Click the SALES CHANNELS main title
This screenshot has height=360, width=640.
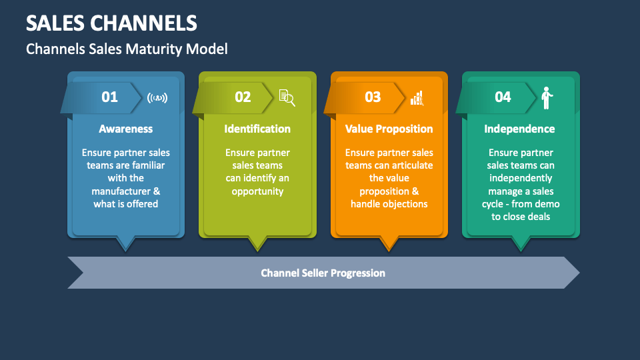[x=112, y=23]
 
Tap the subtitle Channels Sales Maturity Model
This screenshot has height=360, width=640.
[x=127, y=49]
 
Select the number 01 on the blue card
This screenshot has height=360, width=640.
[x=109, y=97]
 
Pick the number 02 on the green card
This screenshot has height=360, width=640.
[x=243, y=97]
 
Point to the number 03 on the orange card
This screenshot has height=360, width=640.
[x=373, y=97]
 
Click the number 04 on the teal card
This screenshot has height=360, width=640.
[x=503, y=97]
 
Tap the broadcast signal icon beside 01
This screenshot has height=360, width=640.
[x=157, y=98]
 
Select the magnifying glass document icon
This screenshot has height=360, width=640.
[x=287, y=98]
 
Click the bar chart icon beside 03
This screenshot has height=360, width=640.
[x=417, y=98]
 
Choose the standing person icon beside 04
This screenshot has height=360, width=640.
[x=547, y=98]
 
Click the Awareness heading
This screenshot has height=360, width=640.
[x=125, y=129]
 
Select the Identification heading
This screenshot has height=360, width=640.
[x=257, y=129]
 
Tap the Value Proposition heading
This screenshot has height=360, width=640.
[x=389, y=129]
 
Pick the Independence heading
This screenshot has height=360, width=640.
[x=519, y=129]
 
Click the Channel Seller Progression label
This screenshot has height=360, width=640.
[x=323, y=273]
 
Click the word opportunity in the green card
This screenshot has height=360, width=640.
[x=257, y=191]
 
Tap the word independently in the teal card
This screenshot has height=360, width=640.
[x=521, y=178]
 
